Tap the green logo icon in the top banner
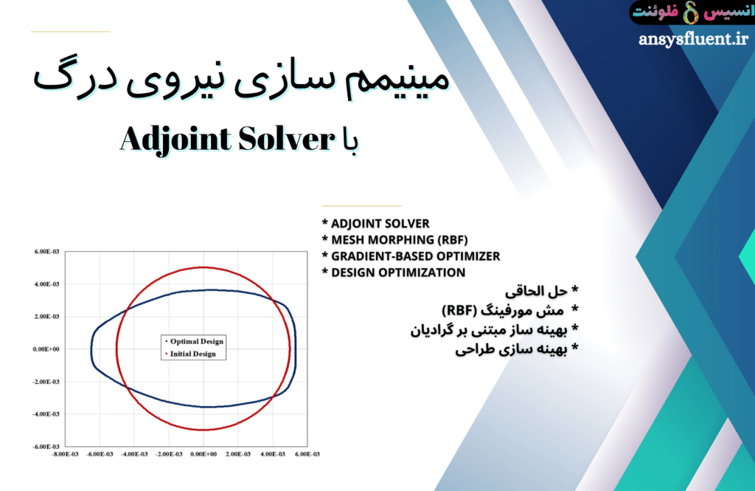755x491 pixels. point(690,13)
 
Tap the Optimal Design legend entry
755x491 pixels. point(196,341)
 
